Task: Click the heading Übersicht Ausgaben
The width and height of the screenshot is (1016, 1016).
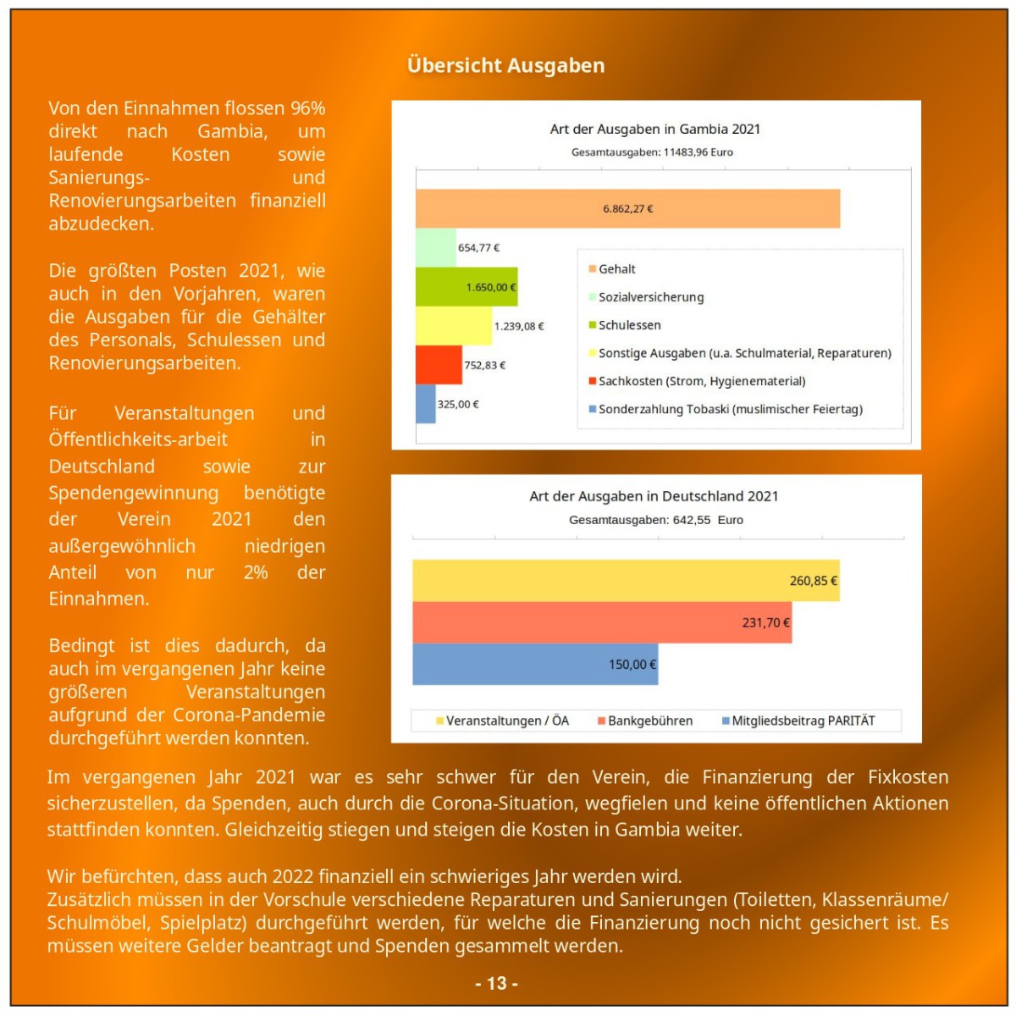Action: [x=505, y=65]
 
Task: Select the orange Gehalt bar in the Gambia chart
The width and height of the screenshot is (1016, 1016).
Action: [x=627, y=208]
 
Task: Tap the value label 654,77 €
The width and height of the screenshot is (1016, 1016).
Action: [x=478, y=248]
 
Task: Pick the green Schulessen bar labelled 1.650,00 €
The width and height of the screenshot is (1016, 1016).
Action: [x=466, y=287]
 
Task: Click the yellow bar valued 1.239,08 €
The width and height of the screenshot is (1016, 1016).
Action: [x=453, y=326]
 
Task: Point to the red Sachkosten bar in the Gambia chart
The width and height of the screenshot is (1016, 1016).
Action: [x=439, y=365]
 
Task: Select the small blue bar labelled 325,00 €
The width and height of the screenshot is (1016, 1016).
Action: [x=425, y=404]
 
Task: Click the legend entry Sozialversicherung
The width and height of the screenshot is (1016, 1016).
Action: [x=650, y=297]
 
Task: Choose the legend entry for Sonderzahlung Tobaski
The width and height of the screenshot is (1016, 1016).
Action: [x=730, y=410]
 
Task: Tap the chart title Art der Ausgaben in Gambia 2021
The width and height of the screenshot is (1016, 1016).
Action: [x=654, y=129]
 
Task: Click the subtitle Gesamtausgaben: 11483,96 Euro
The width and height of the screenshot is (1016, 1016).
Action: [x=652, y=152]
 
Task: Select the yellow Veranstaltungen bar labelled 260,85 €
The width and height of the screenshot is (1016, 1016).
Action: [x=626, y=581]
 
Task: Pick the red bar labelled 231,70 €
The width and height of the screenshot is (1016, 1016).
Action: [x=602, y=622]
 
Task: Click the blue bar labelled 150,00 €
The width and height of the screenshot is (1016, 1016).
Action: [x=535, y=665]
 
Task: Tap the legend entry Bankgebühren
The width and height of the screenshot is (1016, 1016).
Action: [x=649, y=721]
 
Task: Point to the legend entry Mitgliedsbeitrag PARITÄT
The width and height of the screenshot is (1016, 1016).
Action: [x=803, y=721]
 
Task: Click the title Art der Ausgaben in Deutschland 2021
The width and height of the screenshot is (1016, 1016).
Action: [x=654, y=496]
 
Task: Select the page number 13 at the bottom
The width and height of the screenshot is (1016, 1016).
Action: [x=497, y=983]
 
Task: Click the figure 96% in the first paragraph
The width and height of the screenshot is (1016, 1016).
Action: [x=308, y=108]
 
